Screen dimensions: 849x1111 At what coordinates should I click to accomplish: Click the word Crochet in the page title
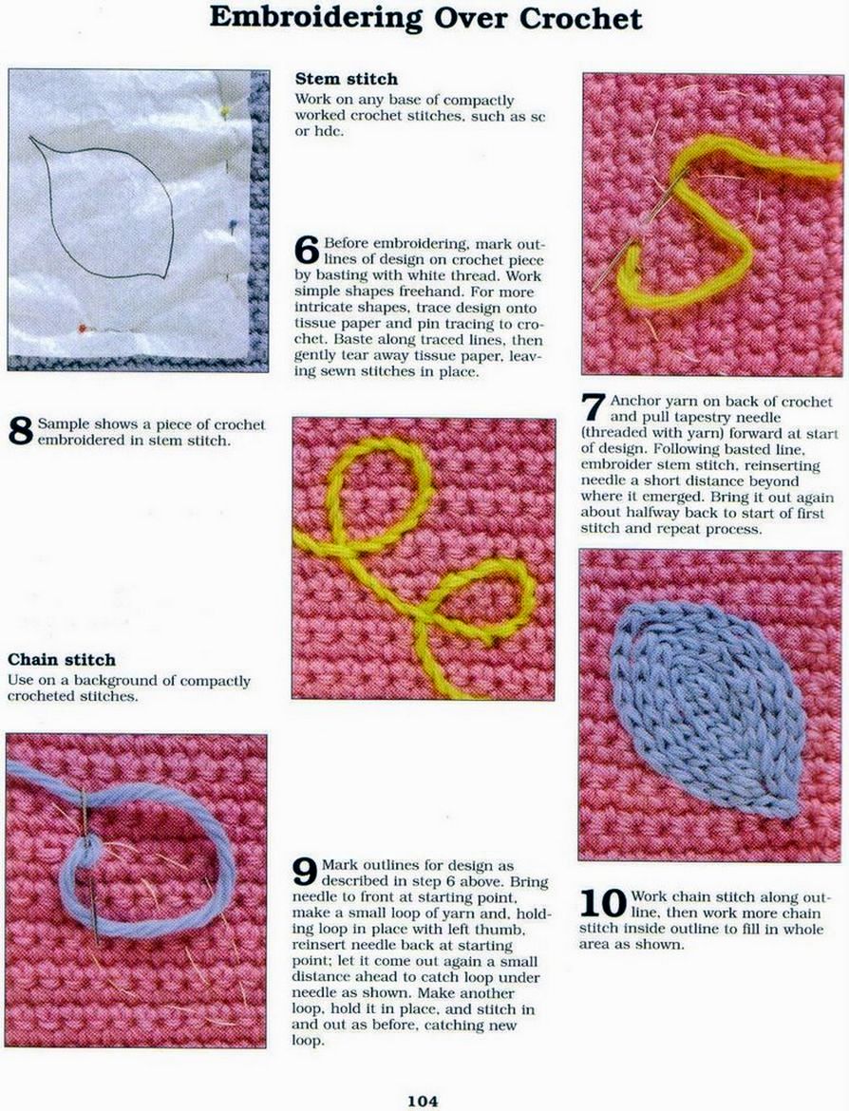click(x=580, y=18)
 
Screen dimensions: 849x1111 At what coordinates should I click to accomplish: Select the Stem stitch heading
click(x=347, y=79)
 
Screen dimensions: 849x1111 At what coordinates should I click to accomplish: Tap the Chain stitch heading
click(x=61, y=659)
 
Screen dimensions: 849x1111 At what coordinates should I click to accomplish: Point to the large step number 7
click(x=594, y=406)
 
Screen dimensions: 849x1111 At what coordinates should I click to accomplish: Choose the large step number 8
click(x=21, y=431)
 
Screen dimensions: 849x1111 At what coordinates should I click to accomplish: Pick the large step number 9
click(x=305, y=872)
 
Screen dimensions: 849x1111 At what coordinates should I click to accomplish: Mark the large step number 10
click(x=603, y=903)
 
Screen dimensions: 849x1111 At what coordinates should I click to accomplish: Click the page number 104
click(x=423, y=1101)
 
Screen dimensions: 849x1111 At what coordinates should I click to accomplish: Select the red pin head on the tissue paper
click(x=83, y=328)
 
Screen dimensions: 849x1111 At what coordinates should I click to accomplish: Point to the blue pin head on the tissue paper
click(x=231, y=224)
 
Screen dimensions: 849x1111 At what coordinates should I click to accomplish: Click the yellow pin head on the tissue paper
click(x=226, y=110)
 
